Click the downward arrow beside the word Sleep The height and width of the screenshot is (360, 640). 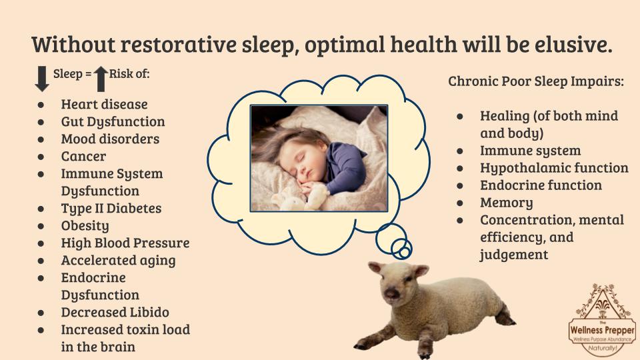[x=42, y=79]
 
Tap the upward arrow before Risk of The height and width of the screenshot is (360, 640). [x=101, y=79]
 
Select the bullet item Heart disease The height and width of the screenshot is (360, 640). [x=104, y=104]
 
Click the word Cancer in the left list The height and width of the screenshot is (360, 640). [x=83, y=156]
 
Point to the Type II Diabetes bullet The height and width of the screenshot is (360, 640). [x=111, y=208]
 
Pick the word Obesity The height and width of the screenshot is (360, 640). [x=85, y=226]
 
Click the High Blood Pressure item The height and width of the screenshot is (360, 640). [x=125, y=243]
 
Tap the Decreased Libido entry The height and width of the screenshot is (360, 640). [x=115, y=312]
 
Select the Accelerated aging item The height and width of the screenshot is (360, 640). [x=119, y=261]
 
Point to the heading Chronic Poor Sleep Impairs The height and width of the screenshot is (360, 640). [x=536, y=81]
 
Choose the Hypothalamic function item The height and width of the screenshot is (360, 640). [x=554, y=168]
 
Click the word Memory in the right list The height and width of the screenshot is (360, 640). [x=507, y=203]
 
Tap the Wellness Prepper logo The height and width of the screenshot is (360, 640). [x=603, y=319]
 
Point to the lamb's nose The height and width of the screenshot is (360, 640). [x=392, y=293]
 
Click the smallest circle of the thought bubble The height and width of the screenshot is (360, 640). [x=405, y=253]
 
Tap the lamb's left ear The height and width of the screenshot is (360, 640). [x=421, y=270]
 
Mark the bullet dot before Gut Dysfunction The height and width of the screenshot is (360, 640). [x=41, y=122]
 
